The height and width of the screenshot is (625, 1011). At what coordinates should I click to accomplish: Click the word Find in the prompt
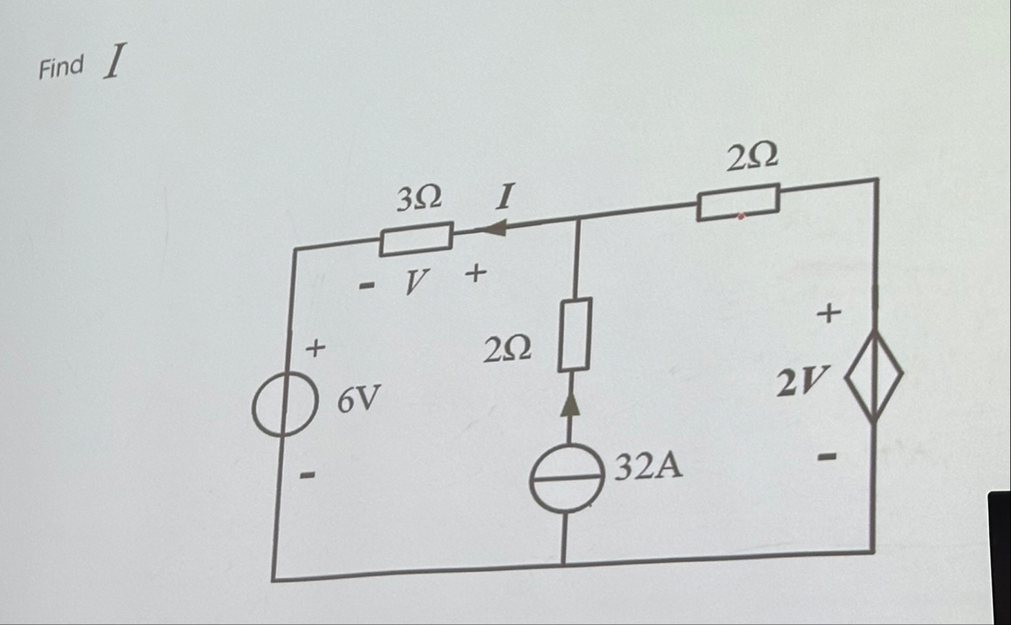pyautogui.click(x=61, y=67)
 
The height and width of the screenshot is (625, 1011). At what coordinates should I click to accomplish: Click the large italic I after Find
pyautogui.click(x=115, y=61)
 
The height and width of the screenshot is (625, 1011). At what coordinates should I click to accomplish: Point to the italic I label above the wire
pyautogui.click(x=505, y=197)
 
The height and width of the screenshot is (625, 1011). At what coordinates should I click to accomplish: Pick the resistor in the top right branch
pyautogui.click(x=738, y=202)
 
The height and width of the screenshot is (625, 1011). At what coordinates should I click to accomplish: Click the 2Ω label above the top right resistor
pyautogui.click(x=752, y=157)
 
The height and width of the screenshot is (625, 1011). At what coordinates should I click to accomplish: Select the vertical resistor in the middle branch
pyautogui.click(x=575, y=335)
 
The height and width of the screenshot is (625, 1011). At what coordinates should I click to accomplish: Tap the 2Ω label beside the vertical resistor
pyautogui.click(x=508, y=349)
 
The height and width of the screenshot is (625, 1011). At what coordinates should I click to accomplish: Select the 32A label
pyautogui.click(x=648, y=468)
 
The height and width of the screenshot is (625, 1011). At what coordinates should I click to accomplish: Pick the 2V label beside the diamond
pyautogui.click(x=801, y=382)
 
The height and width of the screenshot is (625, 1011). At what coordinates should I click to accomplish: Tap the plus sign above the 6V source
pyautogui.click(x=315, y=347)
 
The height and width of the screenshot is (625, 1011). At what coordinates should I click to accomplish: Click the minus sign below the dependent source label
pyautogui.click(x=827, y=457)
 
